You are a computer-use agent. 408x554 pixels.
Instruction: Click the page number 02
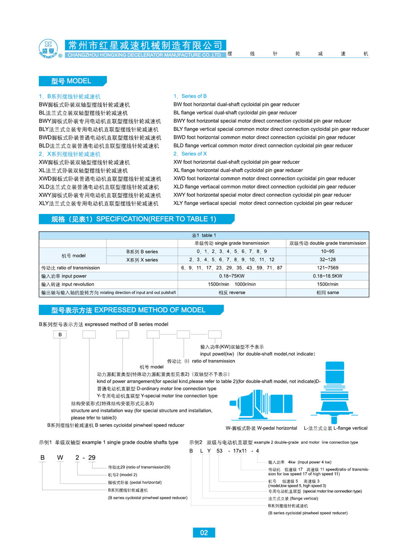(x=204, y=532)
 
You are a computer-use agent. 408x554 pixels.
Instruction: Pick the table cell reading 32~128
(x=327, y=260)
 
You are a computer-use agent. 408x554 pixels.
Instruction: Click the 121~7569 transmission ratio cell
(x=327, y=268)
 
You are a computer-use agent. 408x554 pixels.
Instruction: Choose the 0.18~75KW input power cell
(x=232, y=276)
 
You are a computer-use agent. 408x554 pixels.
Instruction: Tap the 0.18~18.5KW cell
(x=327, y=276)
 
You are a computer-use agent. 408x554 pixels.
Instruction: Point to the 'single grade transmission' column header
(x=232, y=243)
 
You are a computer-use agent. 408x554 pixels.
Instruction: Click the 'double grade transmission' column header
(x=327, y=243)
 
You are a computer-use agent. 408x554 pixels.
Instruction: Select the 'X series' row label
(x=142, y=260)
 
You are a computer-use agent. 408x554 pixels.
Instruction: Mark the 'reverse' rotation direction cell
(x=232, y=293)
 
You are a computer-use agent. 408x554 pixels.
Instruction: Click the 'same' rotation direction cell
(x=327, y=293)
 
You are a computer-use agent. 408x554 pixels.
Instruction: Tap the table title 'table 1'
(x=204, y=235)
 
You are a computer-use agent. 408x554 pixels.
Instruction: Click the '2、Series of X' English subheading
(x=190, y=154)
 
